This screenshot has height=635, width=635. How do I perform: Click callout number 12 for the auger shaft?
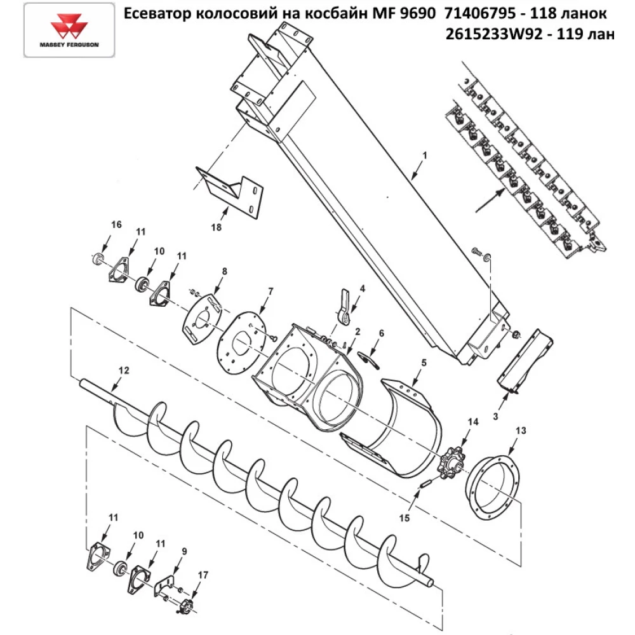click(123, 369)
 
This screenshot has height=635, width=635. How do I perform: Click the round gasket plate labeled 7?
click(242, 345)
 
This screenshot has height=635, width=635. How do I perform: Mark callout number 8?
click(224, 271)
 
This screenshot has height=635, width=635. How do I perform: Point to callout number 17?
click(203, 575)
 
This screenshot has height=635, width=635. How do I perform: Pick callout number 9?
click(184, 551)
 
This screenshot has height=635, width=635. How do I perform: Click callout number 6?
click(381, 333)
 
